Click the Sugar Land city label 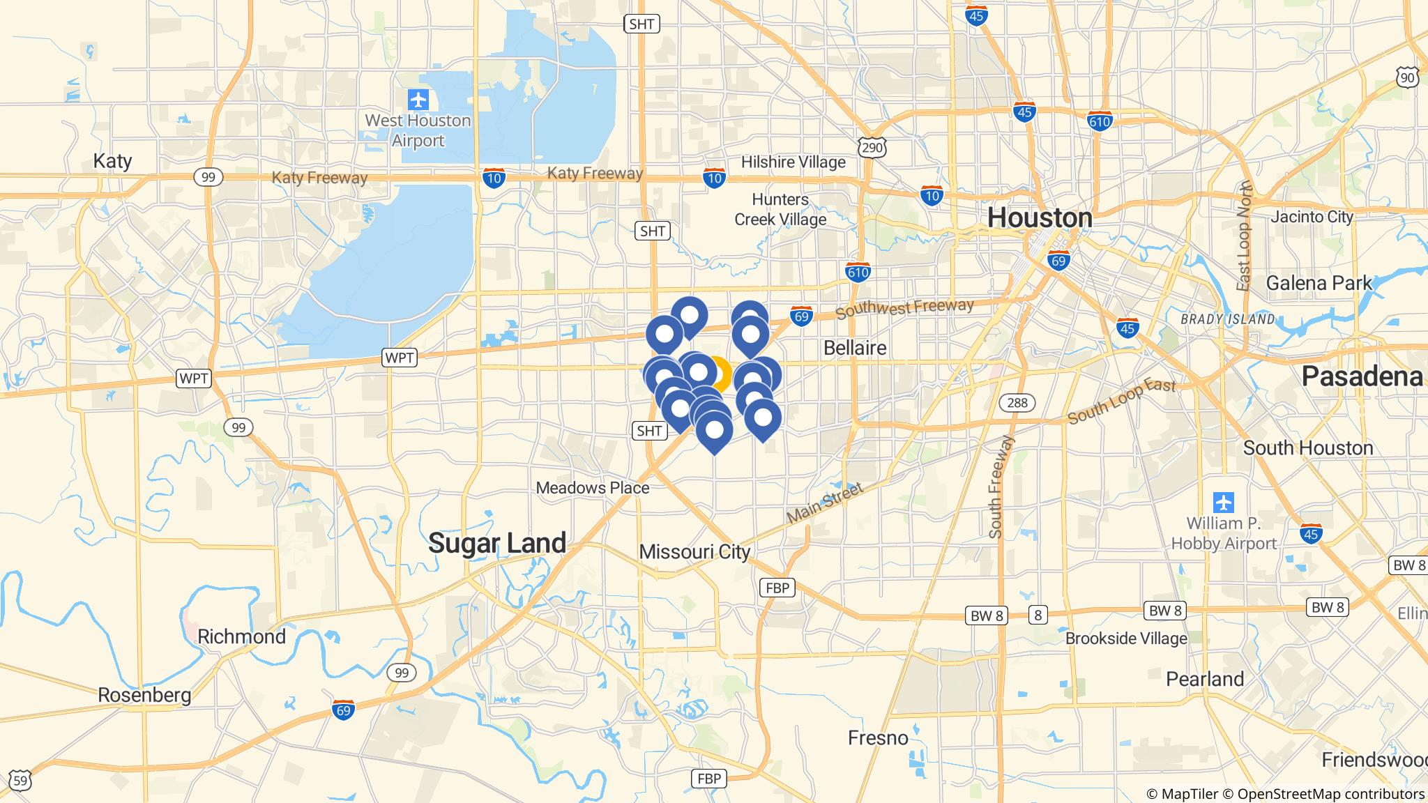click(x=496, y=543)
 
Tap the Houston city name click(x=1040, y=218)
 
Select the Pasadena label click(x=1362, y=376)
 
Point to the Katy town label click(x=112, y=161)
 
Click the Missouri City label click(x=694, y=552)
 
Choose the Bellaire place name click(x=855, y=348)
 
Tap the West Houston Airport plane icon click(x=418, y=100)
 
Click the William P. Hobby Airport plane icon click(x=1223, y=502)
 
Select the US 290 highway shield click(x=873, y=146)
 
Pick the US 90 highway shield click(x=1408, y=77)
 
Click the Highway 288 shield click(x=1017, y=402)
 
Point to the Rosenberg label click(x=144, y=695)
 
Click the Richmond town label click(x=241, y=636)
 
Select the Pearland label click(x=1205, y=679)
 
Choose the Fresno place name click(x=878, y=737)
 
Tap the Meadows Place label click(x=592, y=488)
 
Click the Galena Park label click(x=1319, y=283)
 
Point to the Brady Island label click(x=1227, y=319)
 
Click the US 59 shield click(x=21, y=781)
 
